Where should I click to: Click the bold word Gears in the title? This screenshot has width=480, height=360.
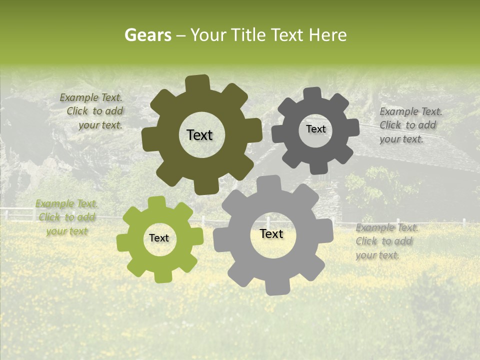[147, 35]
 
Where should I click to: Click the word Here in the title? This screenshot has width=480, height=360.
[327, 35]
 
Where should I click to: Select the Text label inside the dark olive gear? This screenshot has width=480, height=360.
[199, 135]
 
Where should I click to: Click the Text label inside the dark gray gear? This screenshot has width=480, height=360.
[315, 129]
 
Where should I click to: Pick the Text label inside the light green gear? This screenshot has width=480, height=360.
[159, 238]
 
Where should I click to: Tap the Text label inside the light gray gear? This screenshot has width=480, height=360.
[271, 233]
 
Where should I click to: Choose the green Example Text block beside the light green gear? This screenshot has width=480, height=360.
[66, 217]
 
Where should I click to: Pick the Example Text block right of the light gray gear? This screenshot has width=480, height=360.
[386, 241]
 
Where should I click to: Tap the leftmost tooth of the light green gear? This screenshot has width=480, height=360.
[123, 242]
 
